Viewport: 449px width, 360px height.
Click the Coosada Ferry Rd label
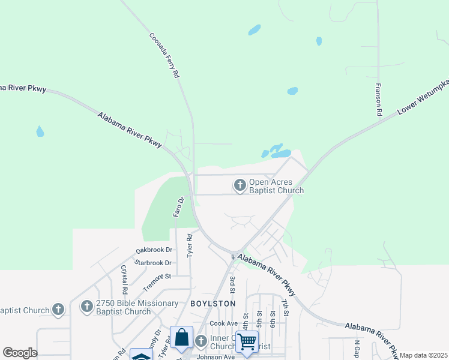[164, 55]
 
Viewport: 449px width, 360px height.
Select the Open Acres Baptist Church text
[276, 186]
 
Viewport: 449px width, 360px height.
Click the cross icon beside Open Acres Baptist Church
[240, 185]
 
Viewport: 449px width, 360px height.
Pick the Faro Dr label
[178, 206]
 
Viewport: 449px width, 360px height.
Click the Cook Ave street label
[224, 323]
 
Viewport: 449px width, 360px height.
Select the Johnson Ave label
[215, 356]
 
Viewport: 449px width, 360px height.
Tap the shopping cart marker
[247, 341]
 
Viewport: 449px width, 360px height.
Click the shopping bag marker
[181, 337]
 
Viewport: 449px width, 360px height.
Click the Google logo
[20, 353]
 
